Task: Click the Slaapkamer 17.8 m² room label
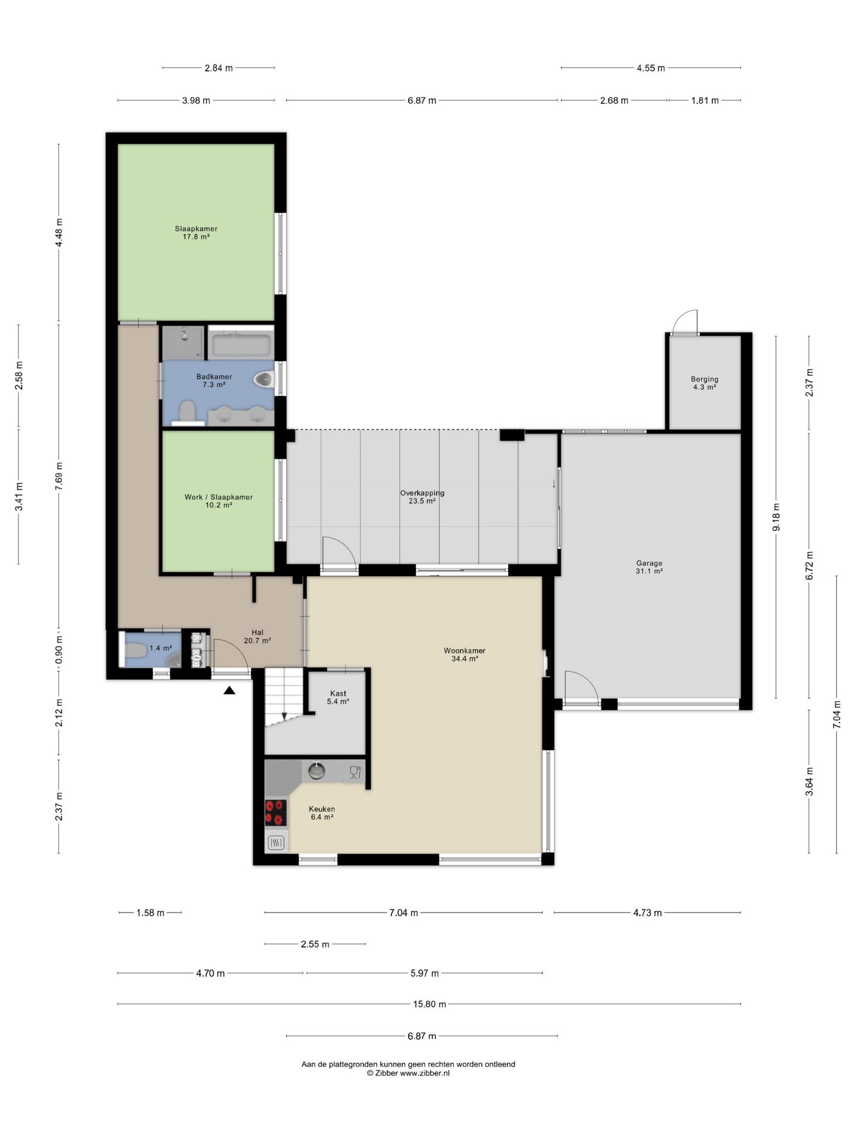[196, 233]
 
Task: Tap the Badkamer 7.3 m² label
[214, 381]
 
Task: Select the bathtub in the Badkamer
[240, 344]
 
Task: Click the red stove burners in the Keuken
[275, 813]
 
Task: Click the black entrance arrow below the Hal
[229, 690]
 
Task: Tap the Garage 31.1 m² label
[649, 567]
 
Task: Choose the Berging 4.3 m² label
[704, 383]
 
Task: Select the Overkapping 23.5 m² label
[422, 497]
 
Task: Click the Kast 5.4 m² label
[338, 697]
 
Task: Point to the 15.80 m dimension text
[429, 1004]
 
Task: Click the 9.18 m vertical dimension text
[776, 517]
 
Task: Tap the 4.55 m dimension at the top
[651, 68]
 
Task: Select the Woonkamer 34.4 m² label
[464, 655]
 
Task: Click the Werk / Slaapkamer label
[218, 497]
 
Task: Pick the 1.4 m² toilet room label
[161, 648]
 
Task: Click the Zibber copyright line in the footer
[408, 1073]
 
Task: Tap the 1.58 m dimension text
[150, 913]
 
